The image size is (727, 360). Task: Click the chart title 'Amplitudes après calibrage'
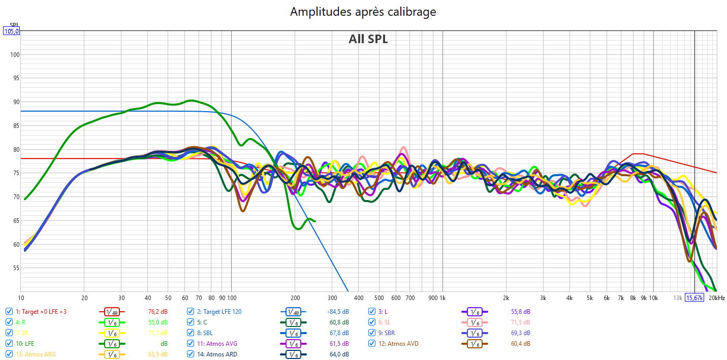coord(363,11)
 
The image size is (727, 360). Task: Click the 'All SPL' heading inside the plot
coord(368,39)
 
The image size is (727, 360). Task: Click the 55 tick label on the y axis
coord(14,268)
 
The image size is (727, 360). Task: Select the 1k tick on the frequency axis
coord(442,298)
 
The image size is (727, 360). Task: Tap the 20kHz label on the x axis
coord(717,298)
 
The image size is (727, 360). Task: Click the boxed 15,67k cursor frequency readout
coord(694,298)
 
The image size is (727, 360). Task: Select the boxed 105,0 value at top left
coord(12,31)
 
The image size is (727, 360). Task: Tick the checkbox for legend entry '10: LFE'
coord(9,344)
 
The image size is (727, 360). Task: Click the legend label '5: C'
coord(202,322)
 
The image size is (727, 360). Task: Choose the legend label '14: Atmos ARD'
coord(217,354)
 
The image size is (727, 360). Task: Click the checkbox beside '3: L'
coord(372,312)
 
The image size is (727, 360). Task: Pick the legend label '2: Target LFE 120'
coord(219,312)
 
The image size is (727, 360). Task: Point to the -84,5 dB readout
coord(338,312)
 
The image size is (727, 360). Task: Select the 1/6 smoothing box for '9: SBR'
coord(474,333)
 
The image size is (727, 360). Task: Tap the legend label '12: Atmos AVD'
coord(403,344)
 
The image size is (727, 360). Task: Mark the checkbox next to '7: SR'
coord(9,333)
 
